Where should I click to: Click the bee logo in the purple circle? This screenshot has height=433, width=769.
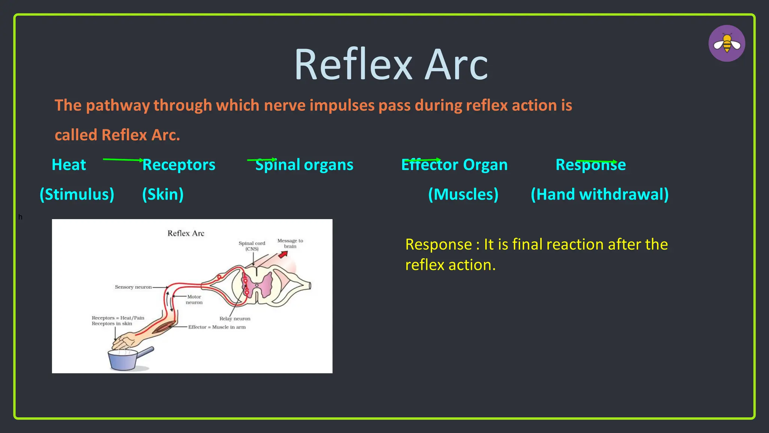(x=727, y=44)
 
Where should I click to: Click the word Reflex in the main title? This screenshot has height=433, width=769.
(x=353, y=65)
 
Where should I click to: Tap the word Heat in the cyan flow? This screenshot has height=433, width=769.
(x=69, y=165)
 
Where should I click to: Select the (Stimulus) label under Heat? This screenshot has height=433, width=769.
(x=77, y=194)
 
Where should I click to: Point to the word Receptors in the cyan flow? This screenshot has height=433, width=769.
(x=179, y=165)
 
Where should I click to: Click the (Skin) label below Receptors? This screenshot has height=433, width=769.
(x=163, y=194)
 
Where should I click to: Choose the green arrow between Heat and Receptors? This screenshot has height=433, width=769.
(x=123, y=160)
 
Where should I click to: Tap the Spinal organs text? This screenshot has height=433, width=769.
(x=305, y=165)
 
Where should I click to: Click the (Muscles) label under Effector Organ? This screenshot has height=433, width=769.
(x=463, y=194)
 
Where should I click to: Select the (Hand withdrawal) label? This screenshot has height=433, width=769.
(x=600, y=194)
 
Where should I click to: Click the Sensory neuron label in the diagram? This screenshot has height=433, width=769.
(x=133, y=287)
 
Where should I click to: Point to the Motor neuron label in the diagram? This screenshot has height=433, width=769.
(x=194, y=300)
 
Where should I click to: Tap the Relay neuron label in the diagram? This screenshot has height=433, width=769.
(x=235, y=319)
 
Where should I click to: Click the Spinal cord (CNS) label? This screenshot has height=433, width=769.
(x=252, y=246)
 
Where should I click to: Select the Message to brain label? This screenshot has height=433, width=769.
(x=290, y=243)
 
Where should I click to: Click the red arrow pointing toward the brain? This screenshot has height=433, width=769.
(x=283, y=254)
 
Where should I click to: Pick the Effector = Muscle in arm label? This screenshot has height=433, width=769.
(x=217, y=327)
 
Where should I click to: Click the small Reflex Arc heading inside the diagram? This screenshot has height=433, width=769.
(x=186, y=233)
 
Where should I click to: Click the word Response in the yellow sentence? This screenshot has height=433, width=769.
(x=438, y=245)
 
